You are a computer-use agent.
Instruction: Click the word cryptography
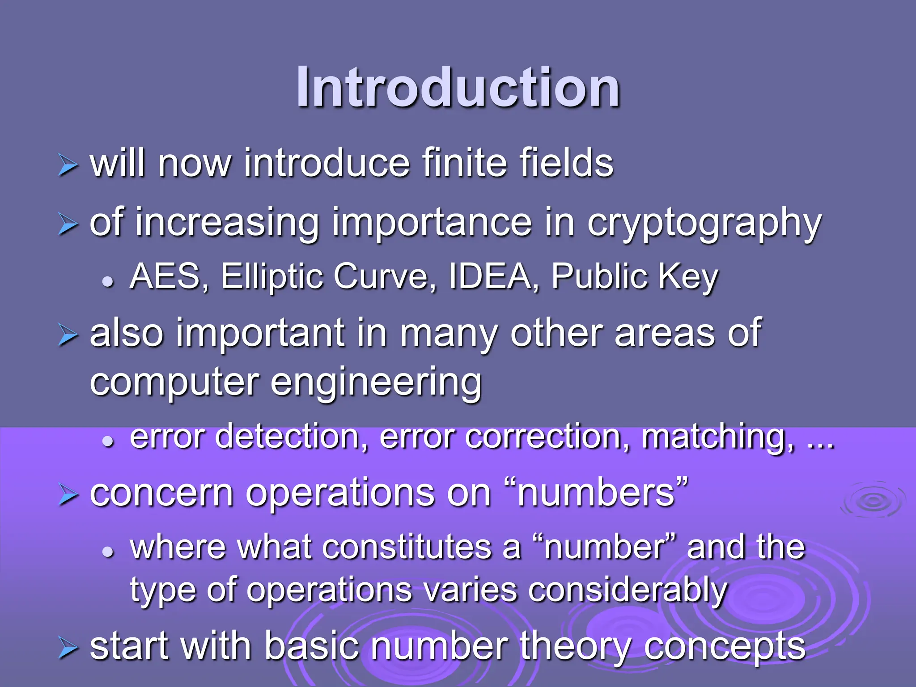coord(704,224)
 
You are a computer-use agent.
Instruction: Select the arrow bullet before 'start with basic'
coord(68,649)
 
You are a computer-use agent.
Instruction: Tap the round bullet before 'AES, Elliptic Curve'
coord(108,282)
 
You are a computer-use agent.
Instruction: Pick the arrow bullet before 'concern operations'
coord(68,496)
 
